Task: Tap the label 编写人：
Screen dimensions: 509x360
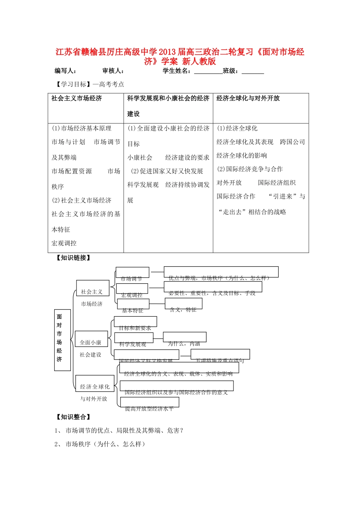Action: tap(66, 71)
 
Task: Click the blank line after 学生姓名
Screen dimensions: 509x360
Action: tap(208, 72)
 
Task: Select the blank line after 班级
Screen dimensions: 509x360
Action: tap(253, 72)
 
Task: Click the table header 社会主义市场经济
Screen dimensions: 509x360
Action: tap(77, 98)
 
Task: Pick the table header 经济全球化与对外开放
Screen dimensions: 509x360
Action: tap(248, 98)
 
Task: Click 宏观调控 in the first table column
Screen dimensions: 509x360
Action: tap(64, 243)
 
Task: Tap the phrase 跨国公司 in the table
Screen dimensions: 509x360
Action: tap(292, 142)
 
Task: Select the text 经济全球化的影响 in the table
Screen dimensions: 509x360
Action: tap(242, 156)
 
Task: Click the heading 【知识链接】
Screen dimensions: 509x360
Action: tap(74, 258)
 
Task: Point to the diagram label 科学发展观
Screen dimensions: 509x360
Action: tap(133, 344)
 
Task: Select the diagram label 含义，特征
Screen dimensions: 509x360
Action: tap(183, 309)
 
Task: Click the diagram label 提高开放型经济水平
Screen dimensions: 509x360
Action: tap(149, 408)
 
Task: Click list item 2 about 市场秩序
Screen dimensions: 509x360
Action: tap(100, 444)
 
